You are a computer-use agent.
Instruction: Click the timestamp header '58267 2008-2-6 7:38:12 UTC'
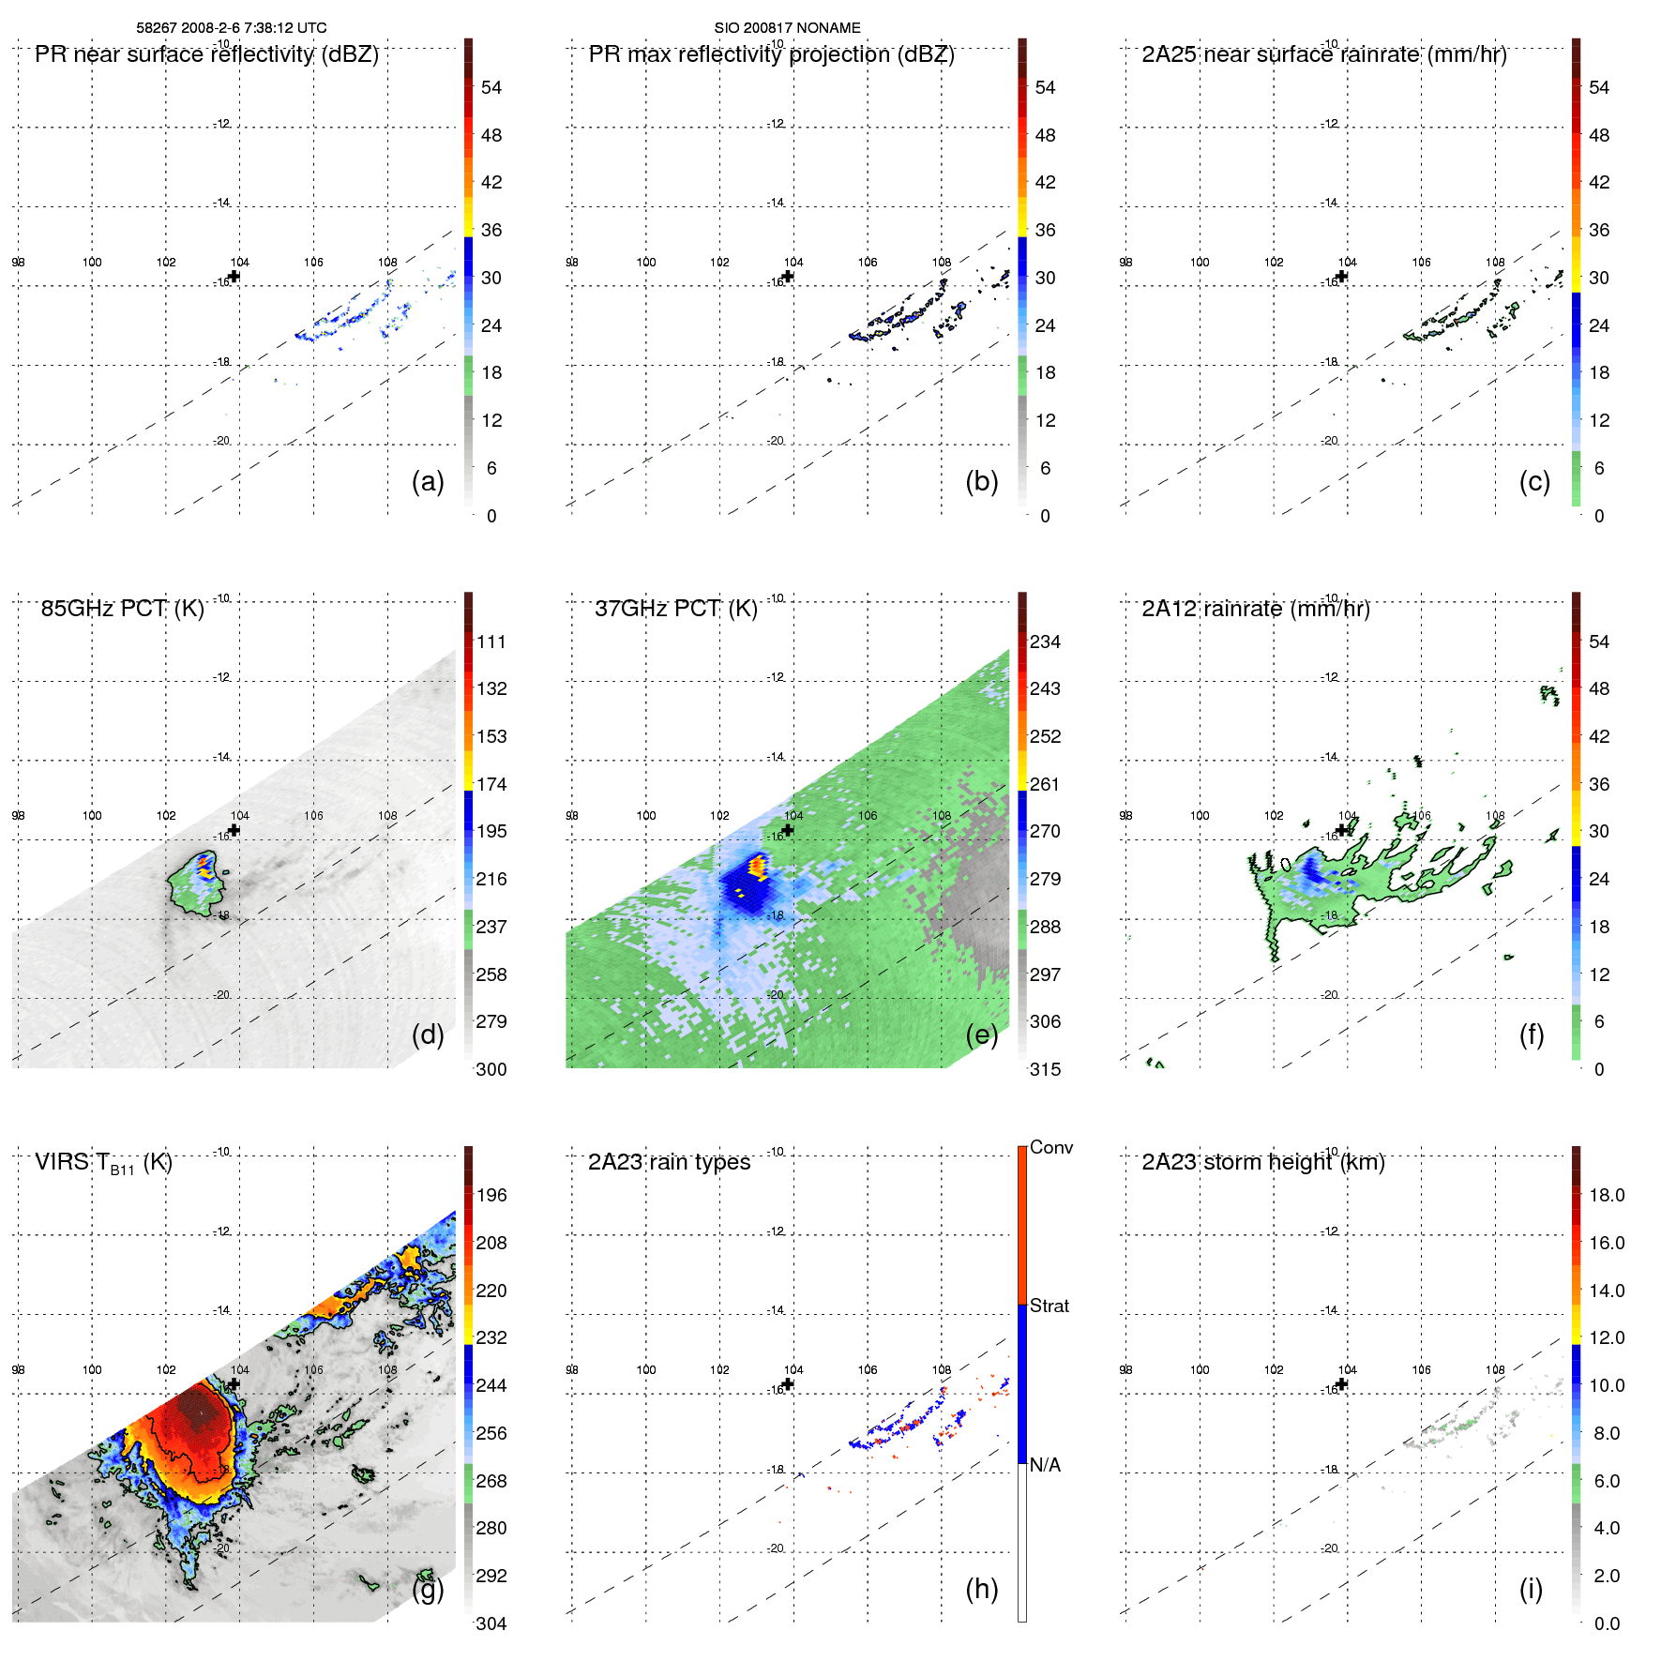232,28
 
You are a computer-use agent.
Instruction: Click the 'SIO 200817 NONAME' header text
787,28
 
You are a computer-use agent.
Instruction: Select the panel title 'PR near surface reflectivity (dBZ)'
206,54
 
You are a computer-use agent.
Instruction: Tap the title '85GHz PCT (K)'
122,609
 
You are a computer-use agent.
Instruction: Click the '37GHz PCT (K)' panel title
675,609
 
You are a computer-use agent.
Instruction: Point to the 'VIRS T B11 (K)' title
103,1163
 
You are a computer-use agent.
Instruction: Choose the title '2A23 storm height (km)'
1262,1163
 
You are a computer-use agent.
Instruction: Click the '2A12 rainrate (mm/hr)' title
1255,609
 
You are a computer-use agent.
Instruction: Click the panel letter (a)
428,481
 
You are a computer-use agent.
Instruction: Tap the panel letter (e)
981,1034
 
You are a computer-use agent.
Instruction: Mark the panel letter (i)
1531,1589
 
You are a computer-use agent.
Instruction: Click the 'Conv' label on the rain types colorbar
1050,1148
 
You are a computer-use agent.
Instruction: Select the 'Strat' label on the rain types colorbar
1049,1306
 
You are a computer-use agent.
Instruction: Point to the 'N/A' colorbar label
1045,1465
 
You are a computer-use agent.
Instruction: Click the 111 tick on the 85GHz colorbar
491,642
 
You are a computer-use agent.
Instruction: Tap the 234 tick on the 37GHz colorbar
1045,642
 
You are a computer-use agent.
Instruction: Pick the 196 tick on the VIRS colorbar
491,1196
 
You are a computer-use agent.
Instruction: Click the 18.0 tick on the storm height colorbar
1606,1196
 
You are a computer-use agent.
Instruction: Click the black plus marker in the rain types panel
788,1384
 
